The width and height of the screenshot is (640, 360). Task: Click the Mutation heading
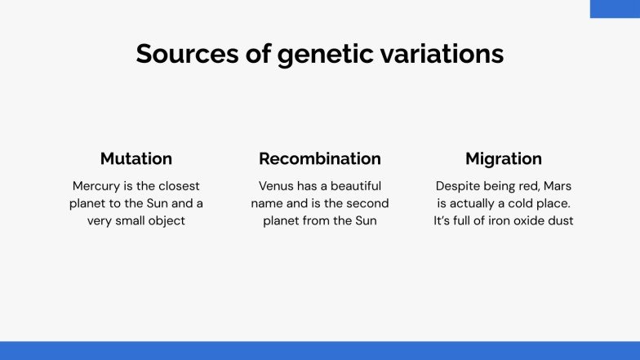136,158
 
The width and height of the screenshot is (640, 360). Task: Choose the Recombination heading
320,158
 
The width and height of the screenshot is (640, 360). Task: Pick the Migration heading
504,158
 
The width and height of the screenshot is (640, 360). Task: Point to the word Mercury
97,185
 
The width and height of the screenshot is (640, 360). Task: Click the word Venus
276,185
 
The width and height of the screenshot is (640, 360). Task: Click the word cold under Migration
520,203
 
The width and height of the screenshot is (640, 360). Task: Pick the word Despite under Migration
458,185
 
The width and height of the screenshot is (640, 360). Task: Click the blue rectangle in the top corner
615,8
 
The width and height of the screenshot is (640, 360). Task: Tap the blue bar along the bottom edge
320,350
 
